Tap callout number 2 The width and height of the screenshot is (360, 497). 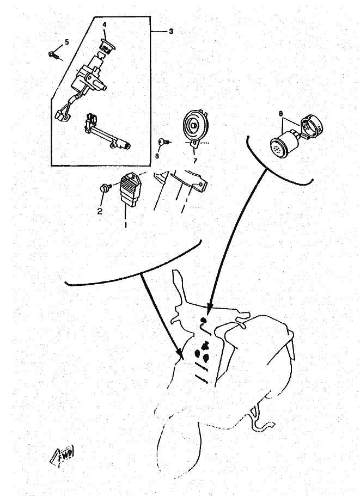click(x=100, y=212)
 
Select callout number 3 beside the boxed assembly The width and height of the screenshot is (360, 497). click(x=171, y=32)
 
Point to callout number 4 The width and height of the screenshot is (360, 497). click(x=105, y=24)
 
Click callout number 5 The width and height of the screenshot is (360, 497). click(x=66, y=42)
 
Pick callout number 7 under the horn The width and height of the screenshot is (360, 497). click(x=195, y=161)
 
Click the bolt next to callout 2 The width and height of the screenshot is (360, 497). click(x=104, y=187)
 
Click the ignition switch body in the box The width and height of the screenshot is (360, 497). click(x=90, y=75)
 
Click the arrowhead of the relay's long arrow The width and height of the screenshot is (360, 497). click(x=209, y=308)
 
